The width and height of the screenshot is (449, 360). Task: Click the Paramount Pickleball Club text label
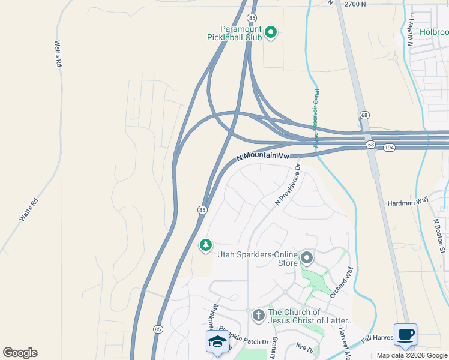click(x=234, y=33)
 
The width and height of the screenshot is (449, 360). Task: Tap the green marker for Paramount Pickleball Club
click(x=270, y=32)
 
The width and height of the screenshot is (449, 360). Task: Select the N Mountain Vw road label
click(x=263, y=156)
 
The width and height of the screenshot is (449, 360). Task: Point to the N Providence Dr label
click(x=287, y=186)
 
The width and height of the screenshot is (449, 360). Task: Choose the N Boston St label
click(x=439, y=235)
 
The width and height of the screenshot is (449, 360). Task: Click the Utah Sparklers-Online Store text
click(x=258, y=259)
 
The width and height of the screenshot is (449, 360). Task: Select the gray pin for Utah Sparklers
click(x=307, y=259)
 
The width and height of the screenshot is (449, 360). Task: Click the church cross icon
click(x=258, y=314)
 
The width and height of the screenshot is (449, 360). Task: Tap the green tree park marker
click(x=205, y=245)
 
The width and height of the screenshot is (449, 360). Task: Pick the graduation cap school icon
click(x=217, y=341)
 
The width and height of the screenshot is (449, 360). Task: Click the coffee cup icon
click(x=405, y=334)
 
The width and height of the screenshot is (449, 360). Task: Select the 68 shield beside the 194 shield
click(x=370, y=145)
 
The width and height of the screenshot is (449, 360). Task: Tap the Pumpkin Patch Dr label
click(x=239, y=338)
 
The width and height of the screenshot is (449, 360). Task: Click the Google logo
click(x=20, y=353)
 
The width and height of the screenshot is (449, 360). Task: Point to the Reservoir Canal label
click(x=316, y=117)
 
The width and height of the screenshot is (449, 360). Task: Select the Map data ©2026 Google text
click(x=411, y=355)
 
